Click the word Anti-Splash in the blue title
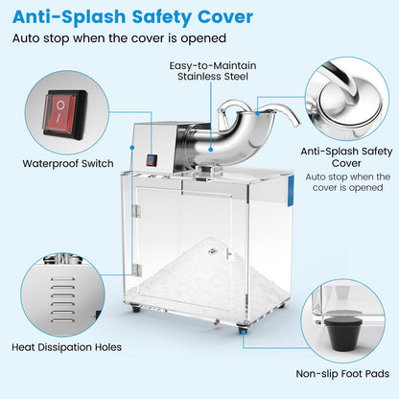(64, 16)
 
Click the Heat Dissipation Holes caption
(66, 345)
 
